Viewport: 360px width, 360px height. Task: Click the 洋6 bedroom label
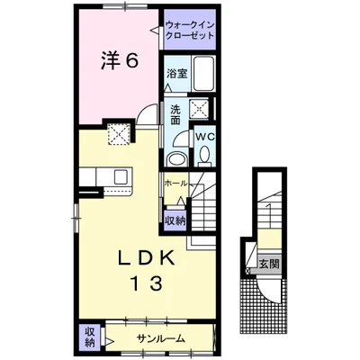click(119, 62)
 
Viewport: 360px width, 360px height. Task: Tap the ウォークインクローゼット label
click(190, 30)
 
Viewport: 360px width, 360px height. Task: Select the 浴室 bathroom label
click(177, 74)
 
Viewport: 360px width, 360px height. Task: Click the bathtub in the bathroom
click(203, 74)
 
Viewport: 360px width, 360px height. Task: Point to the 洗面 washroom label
click(175, 114)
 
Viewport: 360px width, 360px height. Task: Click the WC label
click(205, 137)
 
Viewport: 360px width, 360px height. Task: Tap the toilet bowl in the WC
click(205, 155)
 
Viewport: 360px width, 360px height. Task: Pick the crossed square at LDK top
click(119, 133)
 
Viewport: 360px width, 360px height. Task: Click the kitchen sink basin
click(121, 176)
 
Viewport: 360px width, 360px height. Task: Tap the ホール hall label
click(176, 183)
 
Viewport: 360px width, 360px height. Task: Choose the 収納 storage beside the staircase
click(175, 221)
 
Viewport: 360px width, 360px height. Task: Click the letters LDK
click(147, 257)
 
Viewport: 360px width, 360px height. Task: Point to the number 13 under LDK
click(146, 283)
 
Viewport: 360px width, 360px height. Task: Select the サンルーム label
click(160, 338)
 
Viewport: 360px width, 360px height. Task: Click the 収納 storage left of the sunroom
click(89, 337)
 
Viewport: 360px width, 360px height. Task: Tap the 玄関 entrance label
click(269, 264)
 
